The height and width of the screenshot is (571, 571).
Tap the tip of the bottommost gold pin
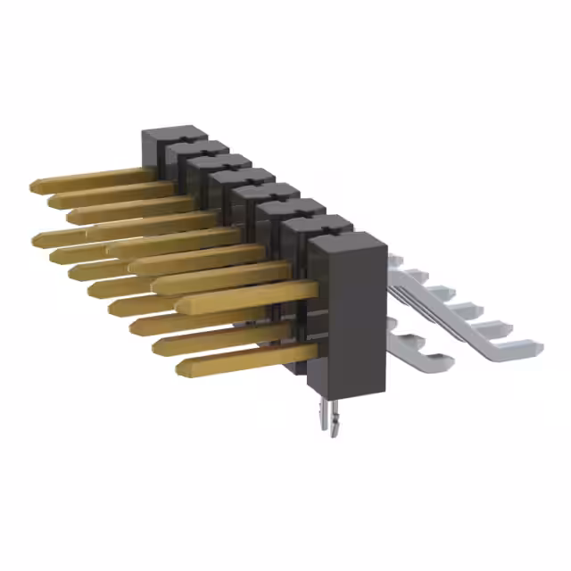182,367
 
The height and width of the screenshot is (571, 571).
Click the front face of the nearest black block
348,312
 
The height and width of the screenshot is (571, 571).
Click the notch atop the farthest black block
179,136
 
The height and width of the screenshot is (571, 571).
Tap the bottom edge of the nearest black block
348,391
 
